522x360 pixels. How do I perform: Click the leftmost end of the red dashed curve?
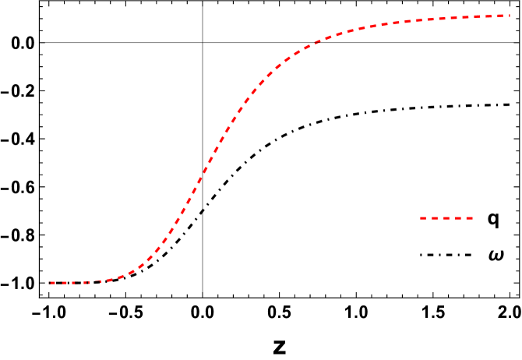[50, 283]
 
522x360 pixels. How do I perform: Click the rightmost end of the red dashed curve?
[510, 16]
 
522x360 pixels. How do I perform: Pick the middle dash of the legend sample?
[446, 218]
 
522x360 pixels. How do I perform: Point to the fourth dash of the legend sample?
[458, 218]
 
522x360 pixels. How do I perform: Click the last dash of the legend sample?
[469, 218]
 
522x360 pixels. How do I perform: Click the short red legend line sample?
[446, 218]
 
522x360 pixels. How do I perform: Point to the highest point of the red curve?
[510, 16]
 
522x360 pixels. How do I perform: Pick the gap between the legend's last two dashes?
[464, 218]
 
